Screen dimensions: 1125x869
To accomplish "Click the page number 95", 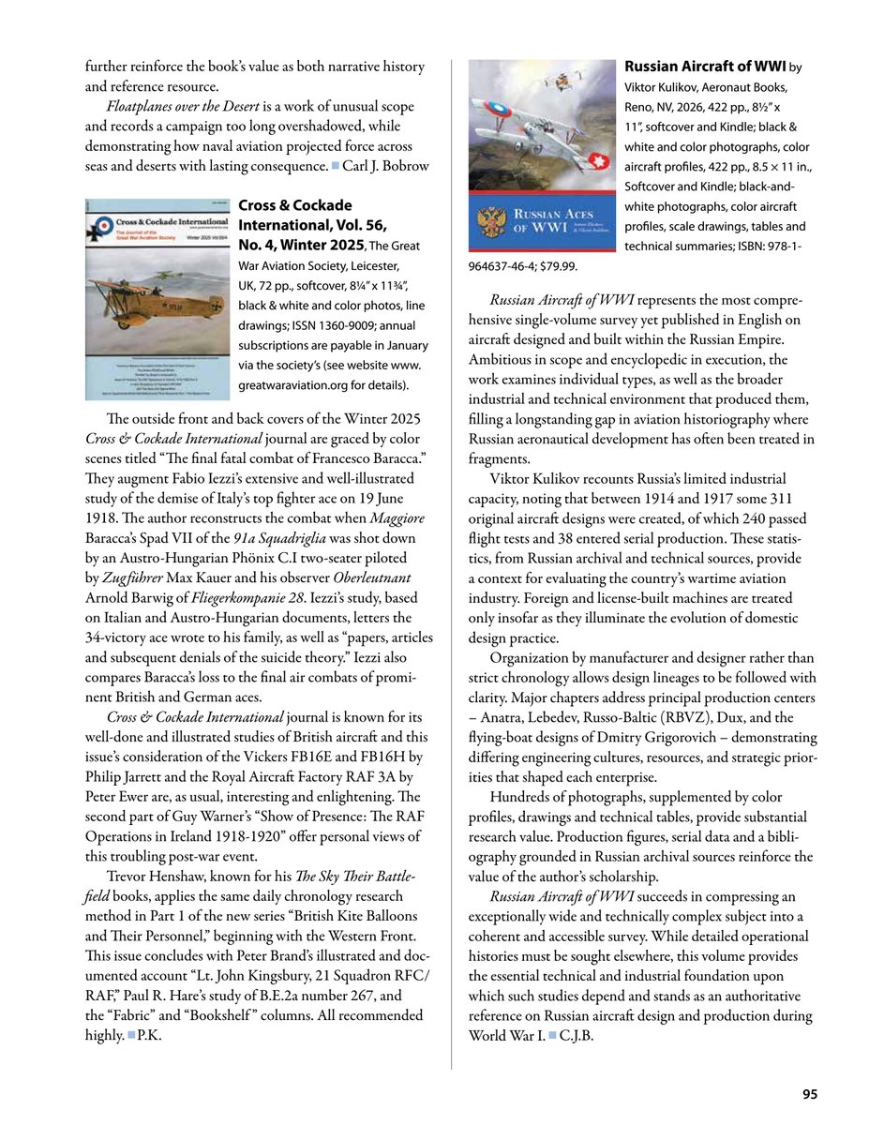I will pos(810,1093).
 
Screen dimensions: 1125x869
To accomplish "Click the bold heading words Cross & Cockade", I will pos(295,205).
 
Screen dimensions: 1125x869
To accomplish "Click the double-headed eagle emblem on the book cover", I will pos(490,226).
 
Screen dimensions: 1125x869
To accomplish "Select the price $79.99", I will pos(556,266).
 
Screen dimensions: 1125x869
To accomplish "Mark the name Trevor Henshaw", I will pos(155,876).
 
